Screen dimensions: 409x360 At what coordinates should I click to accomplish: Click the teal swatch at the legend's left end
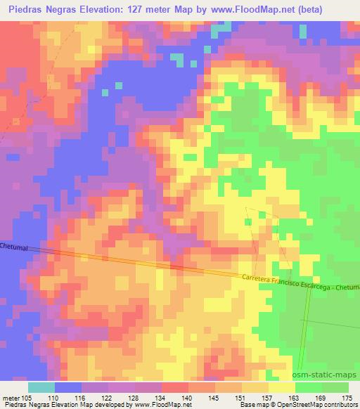click(x=41, y=387)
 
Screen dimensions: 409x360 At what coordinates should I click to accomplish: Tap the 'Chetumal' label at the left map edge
click(x=13, y=247)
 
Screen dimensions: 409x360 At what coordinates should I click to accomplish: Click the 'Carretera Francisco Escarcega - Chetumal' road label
click(x=298, y=282)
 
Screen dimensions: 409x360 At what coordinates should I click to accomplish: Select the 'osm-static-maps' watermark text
click(x=330, y=375)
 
